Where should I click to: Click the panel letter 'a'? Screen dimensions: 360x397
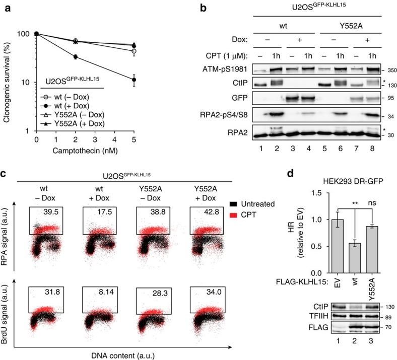click(7, 7)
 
